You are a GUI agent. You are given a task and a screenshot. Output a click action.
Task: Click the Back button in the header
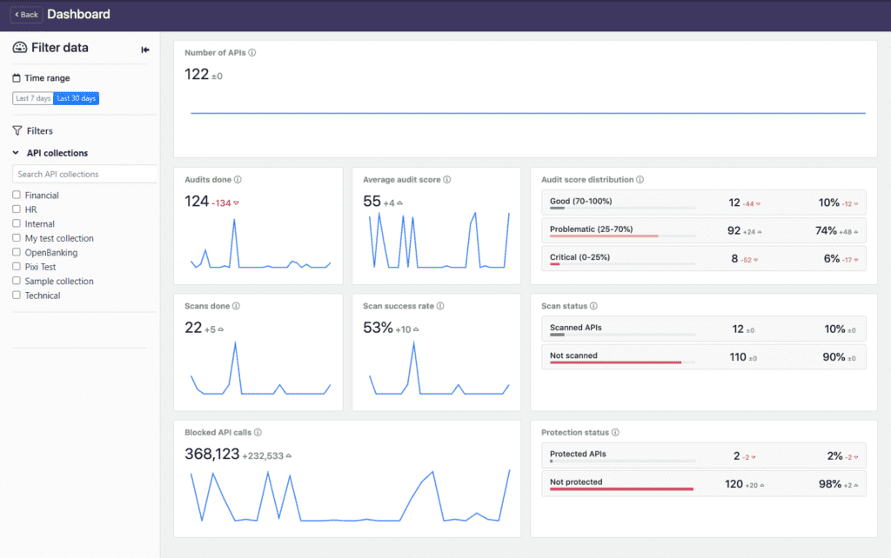coord(26,15)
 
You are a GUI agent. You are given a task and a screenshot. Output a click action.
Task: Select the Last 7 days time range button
coord(33,98)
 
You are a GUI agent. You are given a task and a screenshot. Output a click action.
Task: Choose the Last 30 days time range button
coord(77,98)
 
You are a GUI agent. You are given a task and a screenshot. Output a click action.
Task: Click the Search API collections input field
coord(85,174)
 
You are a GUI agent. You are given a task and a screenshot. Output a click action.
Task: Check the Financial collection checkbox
coord(17,196)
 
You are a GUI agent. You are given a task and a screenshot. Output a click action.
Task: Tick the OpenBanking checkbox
coord(17,253)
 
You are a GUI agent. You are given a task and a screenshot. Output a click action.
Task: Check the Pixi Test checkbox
coord(17,267)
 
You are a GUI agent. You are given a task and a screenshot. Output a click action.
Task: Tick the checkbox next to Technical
coord(17,296)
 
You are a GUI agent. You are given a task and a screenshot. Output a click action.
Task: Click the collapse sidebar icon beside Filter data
coord(145,50)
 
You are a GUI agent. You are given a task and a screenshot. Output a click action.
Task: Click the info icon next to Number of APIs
coord(252,53)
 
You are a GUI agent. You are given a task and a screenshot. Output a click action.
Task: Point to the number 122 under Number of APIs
coord(197,75)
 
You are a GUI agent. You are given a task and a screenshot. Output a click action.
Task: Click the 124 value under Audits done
coord(197,202)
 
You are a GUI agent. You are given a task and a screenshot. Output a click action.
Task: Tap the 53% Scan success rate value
coord(378,328)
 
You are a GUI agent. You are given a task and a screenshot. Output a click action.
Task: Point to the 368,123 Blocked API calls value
coord(212,454)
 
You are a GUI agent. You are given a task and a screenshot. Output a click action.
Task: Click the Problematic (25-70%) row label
coord(592,229)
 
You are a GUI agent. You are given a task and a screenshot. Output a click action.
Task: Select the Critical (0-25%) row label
coord(580,257)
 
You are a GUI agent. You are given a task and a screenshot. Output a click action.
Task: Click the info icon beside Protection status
coord(617,432)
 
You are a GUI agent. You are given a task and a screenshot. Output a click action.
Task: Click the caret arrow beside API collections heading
coord(16,153)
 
